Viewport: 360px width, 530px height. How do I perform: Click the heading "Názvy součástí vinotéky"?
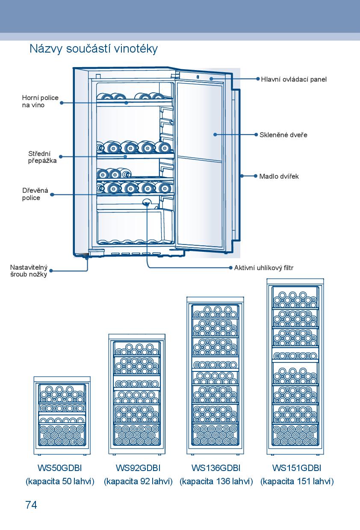tap(94, 49)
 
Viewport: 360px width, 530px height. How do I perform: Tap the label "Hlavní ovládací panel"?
tap(294, 79)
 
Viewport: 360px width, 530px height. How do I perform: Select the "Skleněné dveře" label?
tap(283, 135)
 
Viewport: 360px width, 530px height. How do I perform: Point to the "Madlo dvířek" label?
tap(279, 176)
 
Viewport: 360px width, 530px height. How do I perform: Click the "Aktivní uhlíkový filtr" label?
tap(264, 268)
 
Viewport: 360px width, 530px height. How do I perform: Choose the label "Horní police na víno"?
tap(40, 101)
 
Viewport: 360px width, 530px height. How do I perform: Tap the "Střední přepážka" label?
tap(42, 157)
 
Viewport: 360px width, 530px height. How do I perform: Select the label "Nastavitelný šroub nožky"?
tap(29, 271)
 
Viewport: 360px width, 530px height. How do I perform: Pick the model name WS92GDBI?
tap(138, 468)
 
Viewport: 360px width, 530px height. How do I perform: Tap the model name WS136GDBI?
tap(216, 468)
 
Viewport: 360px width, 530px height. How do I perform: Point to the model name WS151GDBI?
tap(297, 468)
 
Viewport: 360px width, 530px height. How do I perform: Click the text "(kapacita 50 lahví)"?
tap(60, 482)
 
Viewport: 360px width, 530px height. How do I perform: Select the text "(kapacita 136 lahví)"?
tap(216, 482)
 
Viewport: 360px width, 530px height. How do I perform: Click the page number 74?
tap(31, 505)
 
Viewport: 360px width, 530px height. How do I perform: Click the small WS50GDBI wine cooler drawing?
tap(62, 415)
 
